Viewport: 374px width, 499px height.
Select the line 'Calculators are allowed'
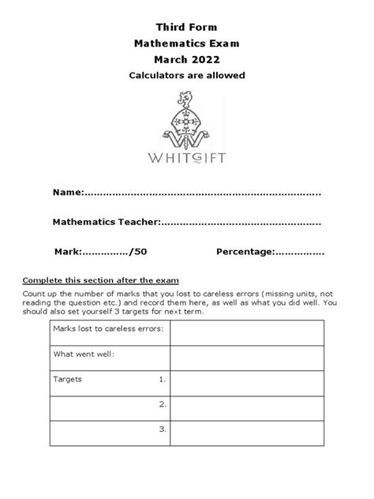click(187, 75)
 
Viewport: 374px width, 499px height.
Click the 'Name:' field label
click(68, 193)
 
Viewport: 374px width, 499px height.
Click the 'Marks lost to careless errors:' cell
click(108, 328)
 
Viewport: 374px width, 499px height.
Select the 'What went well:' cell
click(84, 355)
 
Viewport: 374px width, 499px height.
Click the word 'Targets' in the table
click(67, 379)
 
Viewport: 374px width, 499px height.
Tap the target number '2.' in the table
click(162, 404)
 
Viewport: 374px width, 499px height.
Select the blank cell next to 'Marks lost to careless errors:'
click(247, 332)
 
